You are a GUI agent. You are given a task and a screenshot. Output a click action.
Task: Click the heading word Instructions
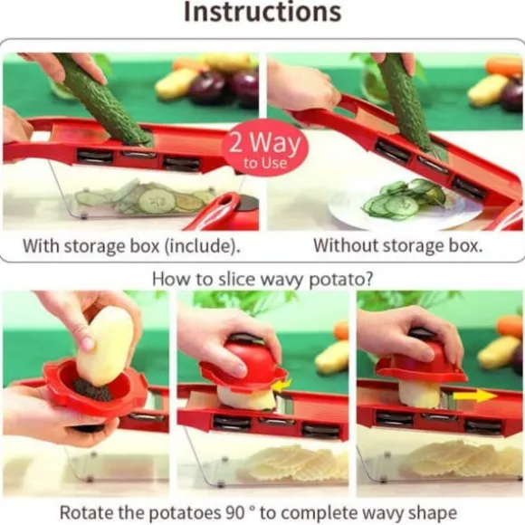pos(262,12)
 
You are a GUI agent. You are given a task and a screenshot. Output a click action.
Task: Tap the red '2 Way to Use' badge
pos(265,148)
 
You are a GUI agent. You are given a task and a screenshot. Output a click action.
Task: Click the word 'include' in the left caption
pos(201,246)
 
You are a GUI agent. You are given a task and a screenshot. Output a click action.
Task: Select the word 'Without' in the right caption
pos(346,245)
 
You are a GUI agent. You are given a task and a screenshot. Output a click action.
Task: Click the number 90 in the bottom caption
pos(236,512)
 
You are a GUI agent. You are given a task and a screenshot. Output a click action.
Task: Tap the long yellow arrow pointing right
pos(475,396)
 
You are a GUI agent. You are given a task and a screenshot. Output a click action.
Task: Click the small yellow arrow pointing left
pos(282,385)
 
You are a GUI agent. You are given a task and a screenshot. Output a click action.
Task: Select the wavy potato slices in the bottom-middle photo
pos(294,463)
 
